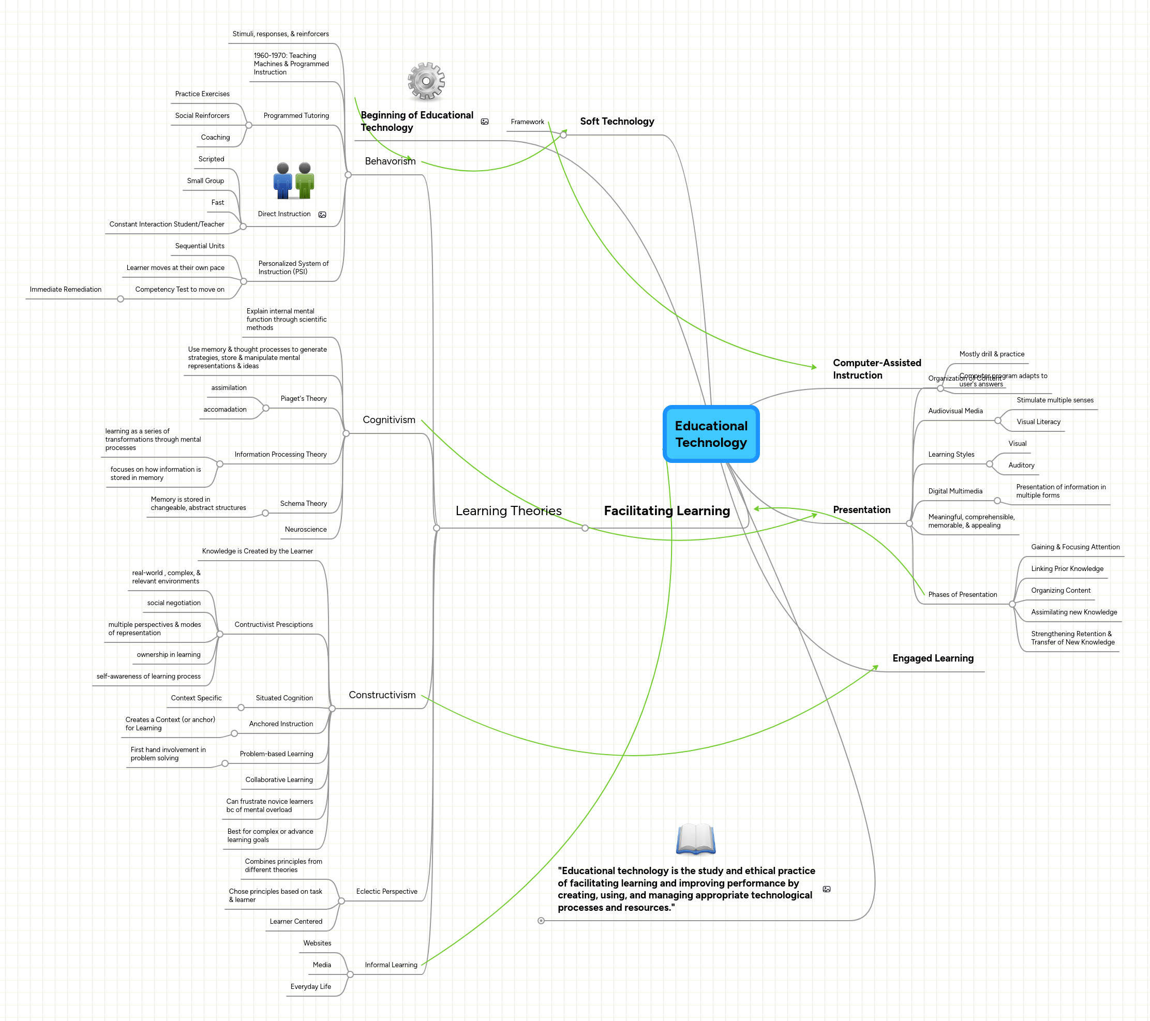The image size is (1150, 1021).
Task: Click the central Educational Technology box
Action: point(711,434)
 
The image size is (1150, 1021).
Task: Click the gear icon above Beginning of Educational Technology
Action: point(426,81)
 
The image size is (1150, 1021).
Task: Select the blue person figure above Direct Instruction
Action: point(282,181)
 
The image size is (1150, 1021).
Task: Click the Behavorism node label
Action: point(390,161)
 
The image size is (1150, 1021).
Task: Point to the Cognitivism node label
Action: point(389,419)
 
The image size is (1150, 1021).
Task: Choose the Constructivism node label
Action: point(382,695)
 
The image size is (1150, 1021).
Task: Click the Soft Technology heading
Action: point(617,122)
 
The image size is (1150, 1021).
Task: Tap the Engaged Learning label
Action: point(932,658)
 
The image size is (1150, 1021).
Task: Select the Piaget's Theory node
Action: point(303,399)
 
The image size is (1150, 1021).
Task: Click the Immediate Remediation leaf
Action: point(65,290)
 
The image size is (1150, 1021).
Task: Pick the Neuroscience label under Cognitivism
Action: point(306,529)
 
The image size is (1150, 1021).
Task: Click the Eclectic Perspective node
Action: point(386,892)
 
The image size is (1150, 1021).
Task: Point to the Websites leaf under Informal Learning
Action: point(317,943)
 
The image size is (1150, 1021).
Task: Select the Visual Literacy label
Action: point(1038,422)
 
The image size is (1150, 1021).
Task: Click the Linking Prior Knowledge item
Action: point(1067,569)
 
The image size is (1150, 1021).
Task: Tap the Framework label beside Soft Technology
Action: point(527,122)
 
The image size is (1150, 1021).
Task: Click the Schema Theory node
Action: point(303,503)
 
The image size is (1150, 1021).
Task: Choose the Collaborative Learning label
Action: point(279,779)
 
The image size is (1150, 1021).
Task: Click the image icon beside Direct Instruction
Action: point(322,215)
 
